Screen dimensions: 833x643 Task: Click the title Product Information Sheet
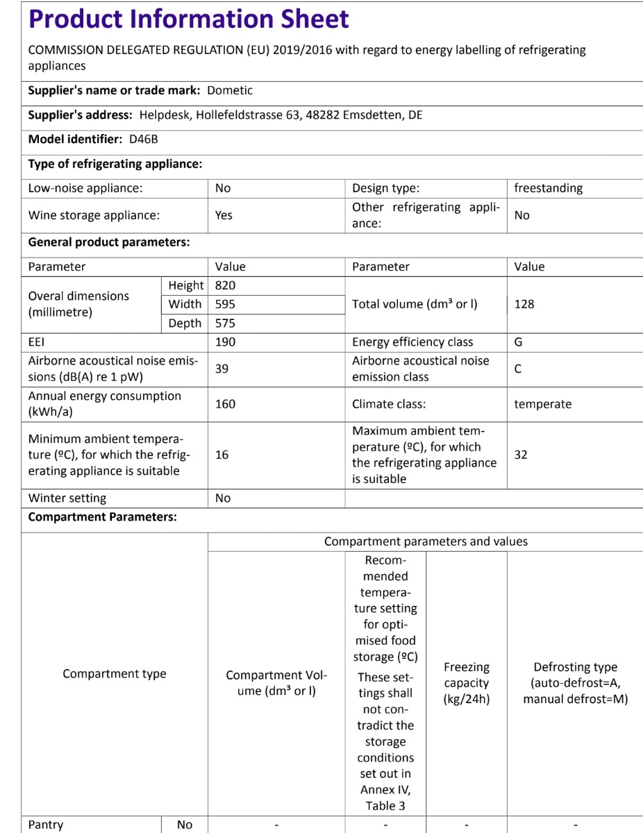tap(188, 19)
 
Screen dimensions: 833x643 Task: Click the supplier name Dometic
tap(230, 90)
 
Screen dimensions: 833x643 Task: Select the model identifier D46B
tap(144, 139)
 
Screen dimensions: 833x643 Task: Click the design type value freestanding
tap(548, 188)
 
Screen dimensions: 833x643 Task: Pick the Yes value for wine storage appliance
tap(224, 215)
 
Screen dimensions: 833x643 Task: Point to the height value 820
tap(226, 285)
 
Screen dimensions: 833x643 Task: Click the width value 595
tap(226, 304)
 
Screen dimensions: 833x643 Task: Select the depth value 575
tap(226, 323)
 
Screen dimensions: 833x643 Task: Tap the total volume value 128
tap(524, 304)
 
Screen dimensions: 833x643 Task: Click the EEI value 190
tap(226, 342)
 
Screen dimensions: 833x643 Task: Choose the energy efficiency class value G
tap(519, 342)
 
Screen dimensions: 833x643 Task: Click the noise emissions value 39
tap(222, 369)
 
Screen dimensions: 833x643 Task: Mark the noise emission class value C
tap(518, 369)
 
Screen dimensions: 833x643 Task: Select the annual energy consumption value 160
tap(226, 404)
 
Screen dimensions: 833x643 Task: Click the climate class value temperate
tap(542, 404)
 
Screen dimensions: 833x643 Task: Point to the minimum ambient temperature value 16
tap(222, 455)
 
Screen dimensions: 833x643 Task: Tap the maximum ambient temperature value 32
tap(521, 455)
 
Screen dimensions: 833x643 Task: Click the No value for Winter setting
tap(223, 498)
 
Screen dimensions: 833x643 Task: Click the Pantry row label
tap(46, 825)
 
